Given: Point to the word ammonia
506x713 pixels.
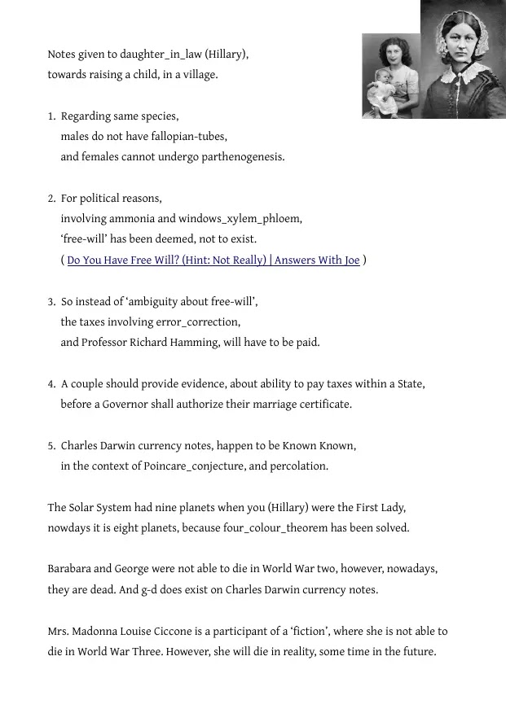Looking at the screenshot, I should coord(178,219).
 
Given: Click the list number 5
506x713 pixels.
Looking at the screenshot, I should coord(51,446).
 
